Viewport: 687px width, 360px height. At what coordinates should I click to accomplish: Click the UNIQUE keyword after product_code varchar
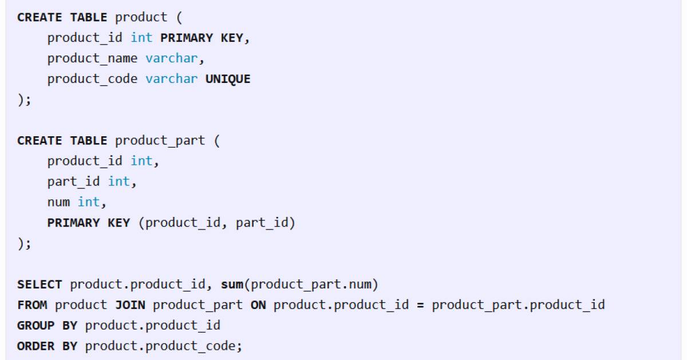(227, 79)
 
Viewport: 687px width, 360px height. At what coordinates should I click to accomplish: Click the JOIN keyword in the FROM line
(130, 305)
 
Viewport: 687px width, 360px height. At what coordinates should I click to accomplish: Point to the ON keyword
(258, 305)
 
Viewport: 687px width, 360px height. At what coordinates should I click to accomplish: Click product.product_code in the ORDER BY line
(164, 346)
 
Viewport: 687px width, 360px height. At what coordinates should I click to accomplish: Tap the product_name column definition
(92, 58)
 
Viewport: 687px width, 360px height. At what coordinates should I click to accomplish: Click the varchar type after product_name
(171, 58)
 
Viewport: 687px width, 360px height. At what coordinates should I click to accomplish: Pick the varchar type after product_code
(171, 79)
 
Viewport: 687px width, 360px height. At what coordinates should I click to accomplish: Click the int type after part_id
(119, 182)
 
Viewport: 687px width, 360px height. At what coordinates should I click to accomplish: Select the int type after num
(89, 202)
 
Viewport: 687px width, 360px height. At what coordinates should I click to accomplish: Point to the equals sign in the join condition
(420, 305)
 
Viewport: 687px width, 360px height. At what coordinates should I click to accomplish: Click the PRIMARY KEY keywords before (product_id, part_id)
(88, 223)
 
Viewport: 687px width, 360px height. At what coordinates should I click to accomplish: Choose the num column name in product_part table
(58, 202)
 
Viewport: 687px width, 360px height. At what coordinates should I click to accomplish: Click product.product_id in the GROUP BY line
(152, 326)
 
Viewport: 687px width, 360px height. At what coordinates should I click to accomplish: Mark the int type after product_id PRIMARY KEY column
(141, 38)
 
